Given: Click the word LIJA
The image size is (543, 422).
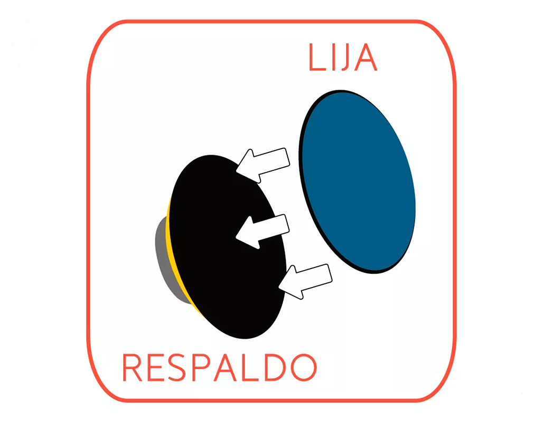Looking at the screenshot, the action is click(342, 57).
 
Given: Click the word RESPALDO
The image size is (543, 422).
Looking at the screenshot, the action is click(220, 367).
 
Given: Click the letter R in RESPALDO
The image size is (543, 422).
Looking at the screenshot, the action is click(132, 367).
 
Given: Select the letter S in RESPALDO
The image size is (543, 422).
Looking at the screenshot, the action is click(176, 367).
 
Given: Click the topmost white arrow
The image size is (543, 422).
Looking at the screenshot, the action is click(263, 165).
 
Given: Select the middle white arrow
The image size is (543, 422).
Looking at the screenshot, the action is click(263, 231).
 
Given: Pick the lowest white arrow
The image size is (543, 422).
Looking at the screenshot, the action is click(305, 281).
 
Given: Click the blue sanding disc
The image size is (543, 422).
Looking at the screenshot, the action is click(357, 181).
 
